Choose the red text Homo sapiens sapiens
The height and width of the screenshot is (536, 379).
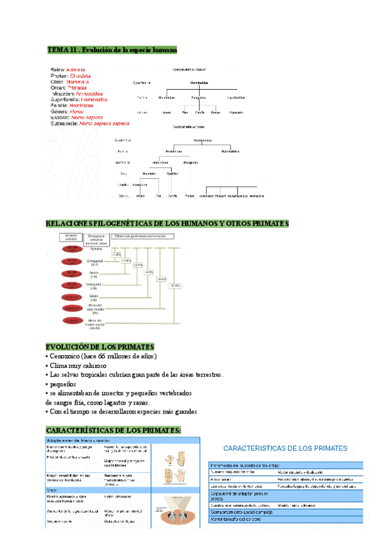point(104,123)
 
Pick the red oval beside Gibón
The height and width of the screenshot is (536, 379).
point(70,297)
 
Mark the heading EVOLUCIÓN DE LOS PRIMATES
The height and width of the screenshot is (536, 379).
point(100,347)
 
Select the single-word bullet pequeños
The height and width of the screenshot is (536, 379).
point(63,384)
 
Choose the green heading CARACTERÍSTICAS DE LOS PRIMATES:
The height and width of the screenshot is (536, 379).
point(114,430)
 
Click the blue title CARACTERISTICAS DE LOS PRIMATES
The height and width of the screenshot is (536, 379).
point(285,448)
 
